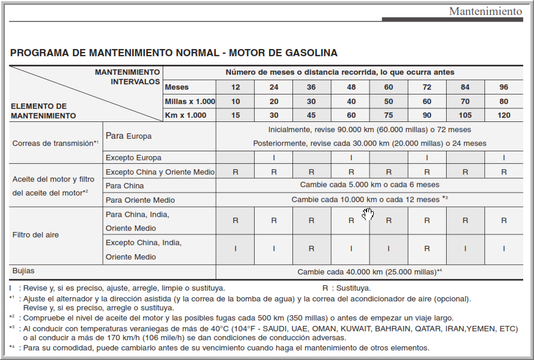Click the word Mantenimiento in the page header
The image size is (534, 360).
485,11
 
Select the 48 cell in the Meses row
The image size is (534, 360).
350,87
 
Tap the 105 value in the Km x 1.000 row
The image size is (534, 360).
465,115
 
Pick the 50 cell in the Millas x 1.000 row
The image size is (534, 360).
389,101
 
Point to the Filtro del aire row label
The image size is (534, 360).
36,235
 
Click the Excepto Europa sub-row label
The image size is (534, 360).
133,158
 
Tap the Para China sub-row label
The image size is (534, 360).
126,185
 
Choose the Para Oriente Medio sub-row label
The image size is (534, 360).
140,200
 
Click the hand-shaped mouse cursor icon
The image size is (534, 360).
367,213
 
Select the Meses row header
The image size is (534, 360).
176,87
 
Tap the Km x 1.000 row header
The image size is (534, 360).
185,115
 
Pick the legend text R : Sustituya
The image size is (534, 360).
346,288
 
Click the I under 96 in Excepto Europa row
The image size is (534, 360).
504,158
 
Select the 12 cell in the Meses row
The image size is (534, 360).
236,87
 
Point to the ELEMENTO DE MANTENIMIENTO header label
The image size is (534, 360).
43,111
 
